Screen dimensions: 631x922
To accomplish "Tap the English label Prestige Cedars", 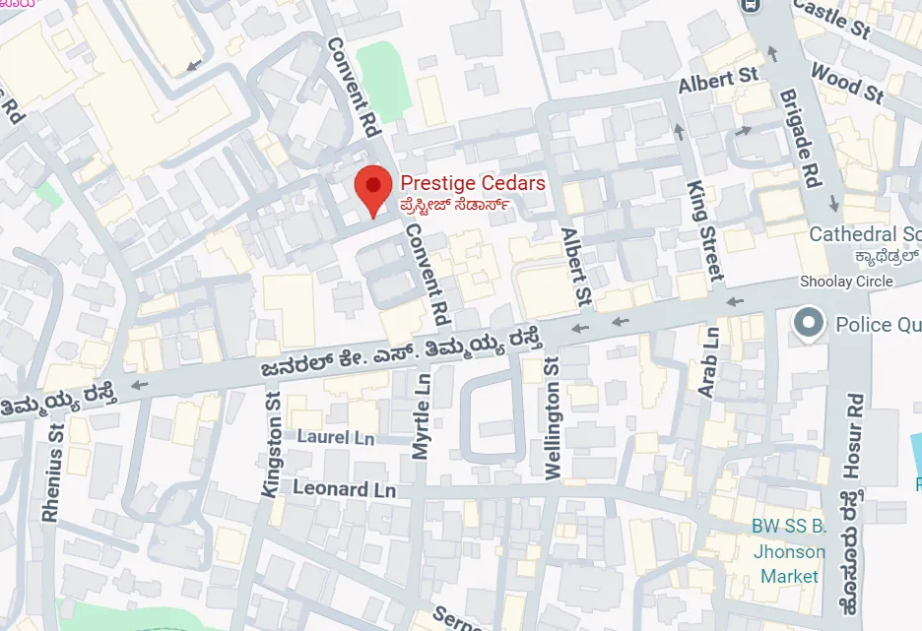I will click(472, 184).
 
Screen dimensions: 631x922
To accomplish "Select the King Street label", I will click(705, 230).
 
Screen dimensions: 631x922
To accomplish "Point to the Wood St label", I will click(846, 83).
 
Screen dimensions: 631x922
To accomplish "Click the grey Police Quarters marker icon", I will click(809, 323).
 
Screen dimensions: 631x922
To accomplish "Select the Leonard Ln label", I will click(345, 489).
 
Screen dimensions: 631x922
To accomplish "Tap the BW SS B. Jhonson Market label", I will click(789, 551).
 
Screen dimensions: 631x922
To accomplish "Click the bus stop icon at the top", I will click(752, 5).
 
